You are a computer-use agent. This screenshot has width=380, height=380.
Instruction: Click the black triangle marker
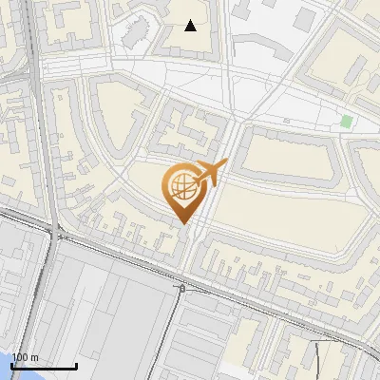(191, 26)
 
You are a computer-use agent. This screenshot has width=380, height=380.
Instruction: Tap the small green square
(347, 122)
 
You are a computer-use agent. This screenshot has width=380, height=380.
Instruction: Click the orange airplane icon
(210, 174)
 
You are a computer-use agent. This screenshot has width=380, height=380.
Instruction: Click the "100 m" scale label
(26, 357)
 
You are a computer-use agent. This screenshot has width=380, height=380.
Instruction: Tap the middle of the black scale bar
(44, 366)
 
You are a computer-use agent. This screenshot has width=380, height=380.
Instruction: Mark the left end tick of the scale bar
(11, 365)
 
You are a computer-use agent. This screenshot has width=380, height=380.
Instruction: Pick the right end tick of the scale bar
(76, 365)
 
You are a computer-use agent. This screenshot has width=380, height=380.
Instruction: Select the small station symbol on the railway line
(180, 286)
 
